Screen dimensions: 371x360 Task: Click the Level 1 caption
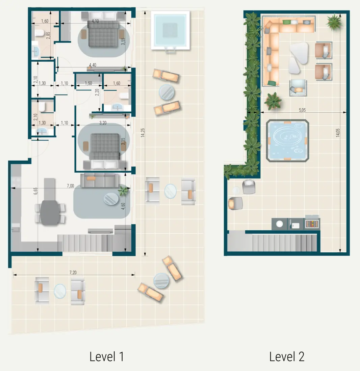pyautogui.click(x=106, y=356)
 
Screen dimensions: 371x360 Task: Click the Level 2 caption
pyautogui.click(x=287, y=356)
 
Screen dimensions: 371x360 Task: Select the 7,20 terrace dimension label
pyautogui.click(x=73, y=272)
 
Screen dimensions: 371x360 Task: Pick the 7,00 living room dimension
pyautogui.click(x=70, y=186)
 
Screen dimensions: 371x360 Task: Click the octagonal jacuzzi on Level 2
pyautogui.click(x=288, y=141)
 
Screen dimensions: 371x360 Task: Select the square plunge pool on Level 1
pyautogui.click(x=170, y=30)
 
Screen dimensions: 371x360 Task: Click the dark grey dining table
pyautogui.click(x=50, y=211)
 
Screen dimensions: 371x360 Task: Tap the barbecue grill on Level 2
pyautogui.click(x=312, y=224)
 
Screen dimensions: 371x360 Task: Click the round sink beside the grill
pyautogui.click(x=280, y=224)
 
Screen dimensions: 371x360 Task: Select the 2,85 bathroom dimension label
pyautogui.click(x=48, y=35)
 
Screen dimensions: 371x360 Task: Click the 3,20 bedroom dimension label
pyautogui.click(x=103, y=123)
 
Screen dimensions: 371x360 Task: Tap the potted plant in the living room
pyautogui.click(x=123, y=191)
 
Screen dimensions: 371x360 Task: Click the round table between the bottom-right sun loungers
pyautogui.click(x=161, y=281)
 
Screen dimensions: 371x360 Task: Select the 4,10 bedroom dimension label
pyautogui.click(x=95, y=21)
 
